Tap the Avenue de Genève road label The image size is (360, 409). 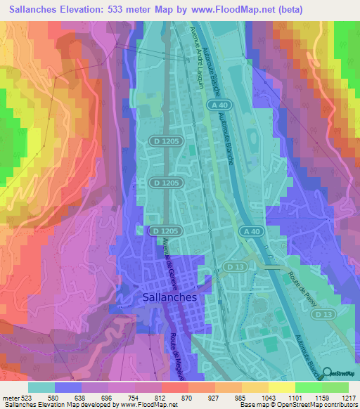(x=171, y=259)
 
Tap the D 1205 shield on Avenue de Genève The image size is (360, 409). (x=166, y=231)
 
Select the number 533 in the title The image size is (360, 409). (x=122, y=9)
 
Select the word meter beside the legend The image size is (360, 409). (x=10, y=397)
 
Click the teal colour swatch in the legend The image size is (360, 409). (x=41, y=387)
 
